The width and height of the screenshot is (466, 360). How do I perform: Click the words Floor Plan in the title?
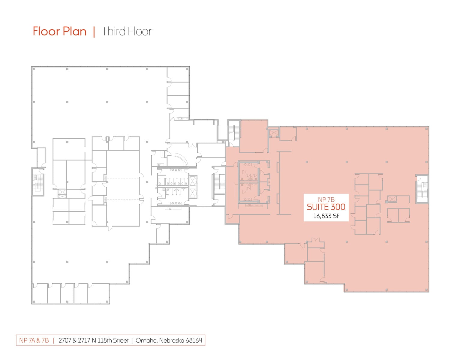point(60,31)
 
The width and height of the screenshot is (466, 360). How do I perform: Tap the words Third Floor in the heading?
point(127,31)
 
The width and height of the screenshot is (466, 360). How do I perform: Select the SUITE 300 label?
point(326,207)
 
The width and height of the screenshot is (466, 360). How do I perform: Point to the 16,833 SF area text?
point(326,216)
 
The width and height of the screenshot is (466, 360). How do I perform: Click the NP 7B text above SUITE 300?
point(326,199)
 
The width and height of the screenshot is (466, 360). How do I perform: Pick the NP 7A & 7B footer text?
point(34,340)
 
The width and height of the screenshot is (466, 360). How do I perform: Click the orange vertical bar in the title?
point(94,31)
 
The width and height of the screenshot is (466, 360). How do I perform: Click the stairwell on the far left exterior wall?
point(38,182)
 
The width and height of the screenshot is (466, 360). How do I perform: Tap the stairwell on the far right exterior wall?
point(422,189)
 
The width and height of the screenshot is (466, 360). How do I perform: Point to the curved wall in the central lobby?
point(182,159)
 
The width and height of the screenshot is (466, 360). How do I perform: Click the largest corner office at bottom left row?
point(98,293)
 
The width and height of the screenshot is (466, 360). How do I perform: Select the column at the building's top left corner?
point(34,69)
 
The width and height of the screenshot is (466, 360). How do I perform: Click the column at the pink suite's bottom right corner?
point(426,290)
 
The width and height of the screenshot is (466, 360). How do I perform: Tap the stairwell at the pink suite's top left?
point(234,133)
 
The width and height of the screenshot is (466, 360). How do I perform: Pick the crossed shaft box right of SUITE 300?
point(392,199)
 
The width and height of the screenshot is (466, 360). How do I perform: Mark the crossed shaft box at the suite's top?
point(274,133)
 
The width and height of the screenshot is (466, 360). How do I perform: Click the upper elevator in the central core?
point(193,181)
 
